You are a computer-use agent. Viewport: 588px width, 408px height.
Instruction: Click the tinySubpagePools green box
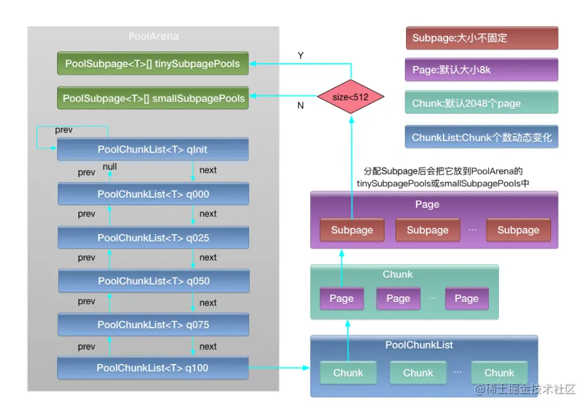pyautogui.click(x=152, y=63)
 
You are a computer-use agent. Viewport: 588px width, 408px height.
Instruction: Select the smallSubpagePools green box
pyautogui.click(x=152, y=98)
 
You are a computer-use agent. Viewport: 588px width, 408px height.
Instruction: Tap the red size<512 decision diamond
pyautogui.click(x=351, y=98)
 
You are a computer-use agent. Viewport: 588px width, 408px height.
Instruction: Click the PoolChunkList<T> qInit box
pyautogui.click(x=152, y=149)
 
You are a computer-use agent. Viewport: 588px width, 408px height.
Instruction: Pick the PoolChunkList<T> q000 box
pyautogui.click(x=152, y=194)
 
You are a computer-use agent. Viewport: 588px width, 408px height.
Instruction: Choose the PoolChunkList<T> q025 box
pyautogui.click(x=152, y=238)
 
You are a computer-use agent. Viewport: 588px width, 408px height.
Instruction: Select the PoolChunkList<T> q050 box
pyautogui.click(x=152, y=281)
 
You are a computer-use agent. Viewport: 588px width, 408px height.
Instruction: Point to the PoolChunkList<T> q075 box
pyautogui.click(x=152, y=325)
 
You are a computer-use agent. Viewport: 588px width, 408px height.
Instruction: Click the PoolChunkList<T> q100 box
pyautogui.click(x=152, y=368)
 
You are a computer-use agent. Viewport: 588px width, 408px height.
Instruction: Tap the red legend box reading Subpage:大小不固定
pyautogui.click(x=481, y=38)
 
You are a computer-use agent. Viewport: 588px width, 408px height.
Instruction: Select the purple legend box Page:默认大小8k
pyautogui.click(x=481, y=70)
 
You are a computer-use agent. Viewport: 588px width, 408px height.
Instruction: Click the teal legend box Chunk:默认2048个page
pyautogui.click(x=481, y=103)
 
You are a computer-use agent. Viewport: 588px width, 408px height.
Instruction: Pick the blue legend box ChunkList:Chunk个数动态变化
pyautogui.click(x=481, y=137)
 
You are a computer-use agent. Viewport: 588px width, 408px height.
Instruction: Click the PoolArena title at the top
pyautogui.click(x=154, y=36)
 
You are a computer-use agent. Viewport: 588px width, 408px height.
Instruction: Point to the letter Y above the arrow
pyautogui.click(x=301, y=56)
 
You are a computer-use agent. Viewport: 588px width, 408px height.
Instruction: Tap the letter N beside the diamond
pyautogui.click(x=301, y=105)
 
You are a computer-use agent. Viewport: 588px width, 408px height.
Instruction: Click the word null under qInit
pyautogui.click(x=110, y=167)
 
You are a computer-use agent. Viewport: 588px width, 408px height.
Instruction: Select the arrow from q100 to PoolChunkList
pyautogui.click(x=279, y=368)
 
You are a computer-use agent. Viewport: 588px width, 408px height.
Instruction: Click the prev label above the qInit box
pyautogui.click(x=63, y=130)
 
